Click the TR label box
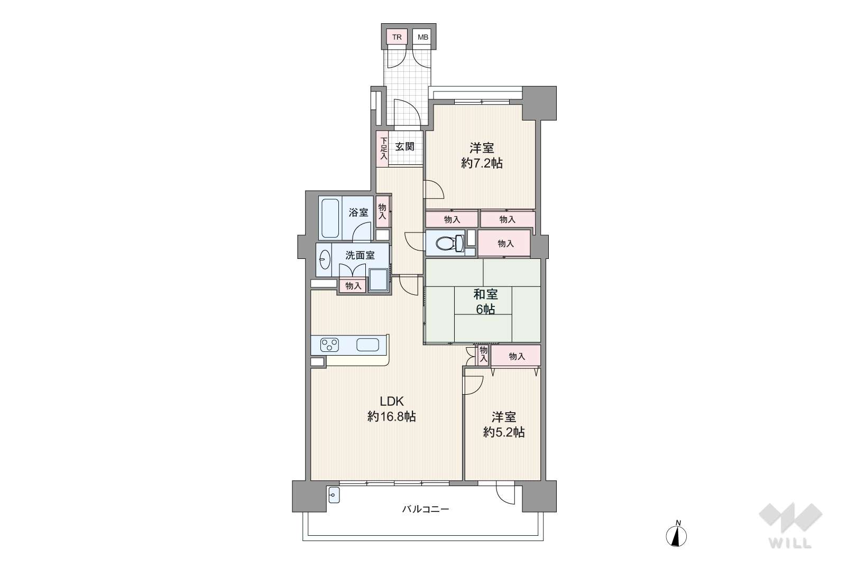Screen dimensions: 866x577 [397, 37]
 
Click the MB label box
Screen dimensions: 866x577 [422, 37]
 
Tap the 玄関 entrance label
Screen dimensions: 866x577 [404, 146]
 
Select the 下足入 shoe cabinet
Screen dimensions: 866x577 [383, 149]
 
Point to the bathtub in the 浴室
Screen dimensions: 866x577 [330, 218]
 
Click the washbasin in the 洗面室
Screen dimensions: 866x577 [325, 259]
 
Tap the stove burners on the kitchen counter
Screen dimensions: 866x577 [330, 345]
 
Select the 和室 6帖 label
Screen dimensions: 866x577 [485, 302]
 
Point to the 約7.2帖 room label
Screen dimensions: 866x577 [482, 163]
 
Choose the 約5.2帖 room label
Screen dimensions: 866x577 [504, 432]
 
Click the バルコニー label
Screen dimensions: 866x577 [426, 509]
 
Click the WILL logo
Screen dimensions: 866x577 [790, 525]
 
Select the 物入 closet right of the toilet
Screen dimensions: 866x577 [504, 244]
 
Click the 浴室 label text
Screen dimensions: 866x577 [358, 212]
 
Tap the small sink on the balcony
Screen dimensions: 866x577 [334, 495]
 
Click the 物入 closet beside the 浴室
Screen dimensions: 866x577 [382, 211]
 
